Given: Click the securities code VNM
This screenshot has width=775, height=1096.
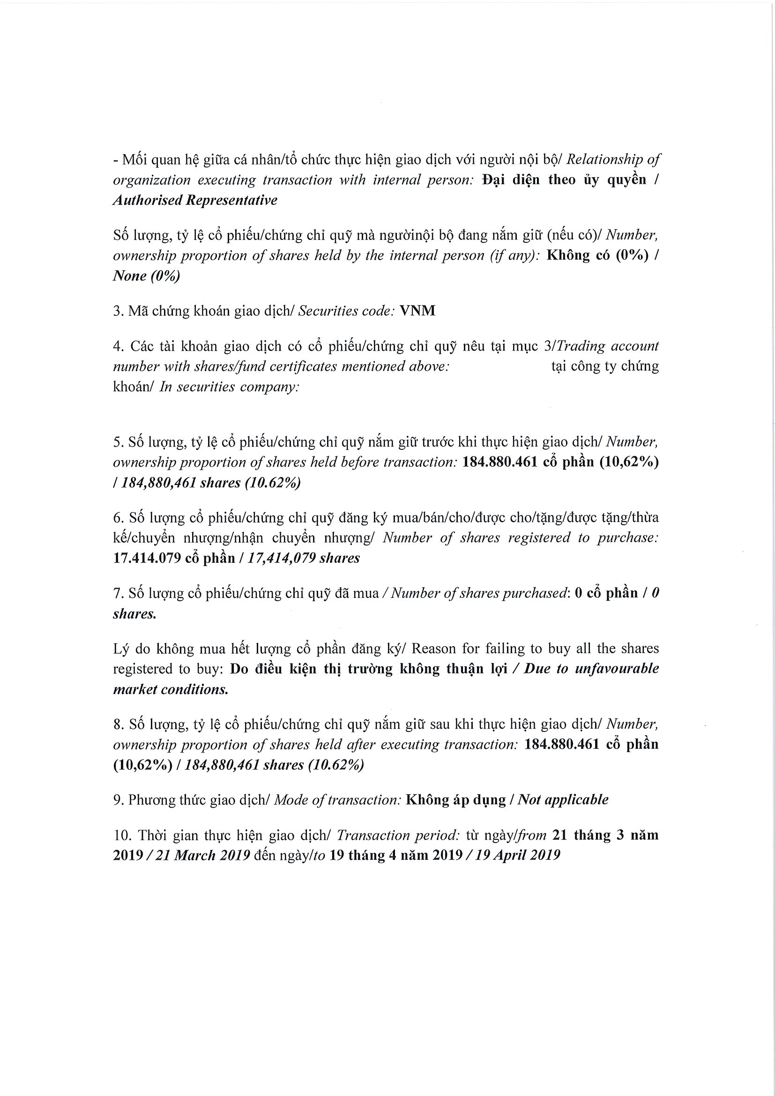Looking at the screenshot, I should pyautogui.click(x=417, y=311).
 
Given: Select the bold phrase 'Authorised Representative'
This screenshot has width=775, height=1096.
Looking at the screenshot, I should pyautogui.click(x=195, y=200).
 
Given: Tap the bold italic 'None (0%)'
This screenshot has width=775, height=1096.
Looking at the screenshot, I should pyautogui.click(x=146, y=276).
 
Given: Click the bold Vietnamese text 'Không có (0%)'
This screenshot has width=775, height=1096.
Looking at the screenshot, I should pyautogui.click(x=597, y=255).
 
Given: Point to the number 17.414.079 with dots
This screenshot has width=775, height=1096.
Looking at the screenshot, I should pyautogui.click(x=147, y=558).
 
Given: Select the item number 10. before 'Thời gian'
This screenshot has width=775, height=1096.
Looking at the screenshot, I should pyautogui.click(x=121, y=835).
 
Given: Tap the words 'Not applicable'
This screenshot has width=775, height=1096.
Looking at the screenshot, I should pyautogui.click(x=563, y=799).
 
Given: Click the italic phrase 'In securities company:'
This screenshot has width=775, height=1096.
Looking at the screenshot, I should pyautogui.click(x=230, y=386).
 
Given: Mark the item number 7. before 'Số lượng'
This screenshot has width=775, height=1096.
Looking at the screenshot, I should pyautogui.click(x=118, y=593).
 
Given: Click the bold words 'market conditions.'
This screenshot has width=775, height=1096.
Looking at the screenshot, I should pyautogui.click(x=171, y=689).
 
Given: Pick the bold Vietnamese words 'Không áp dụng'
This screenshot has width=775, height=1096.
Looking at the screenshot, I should pyautogui.click(x=455, y=799).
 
